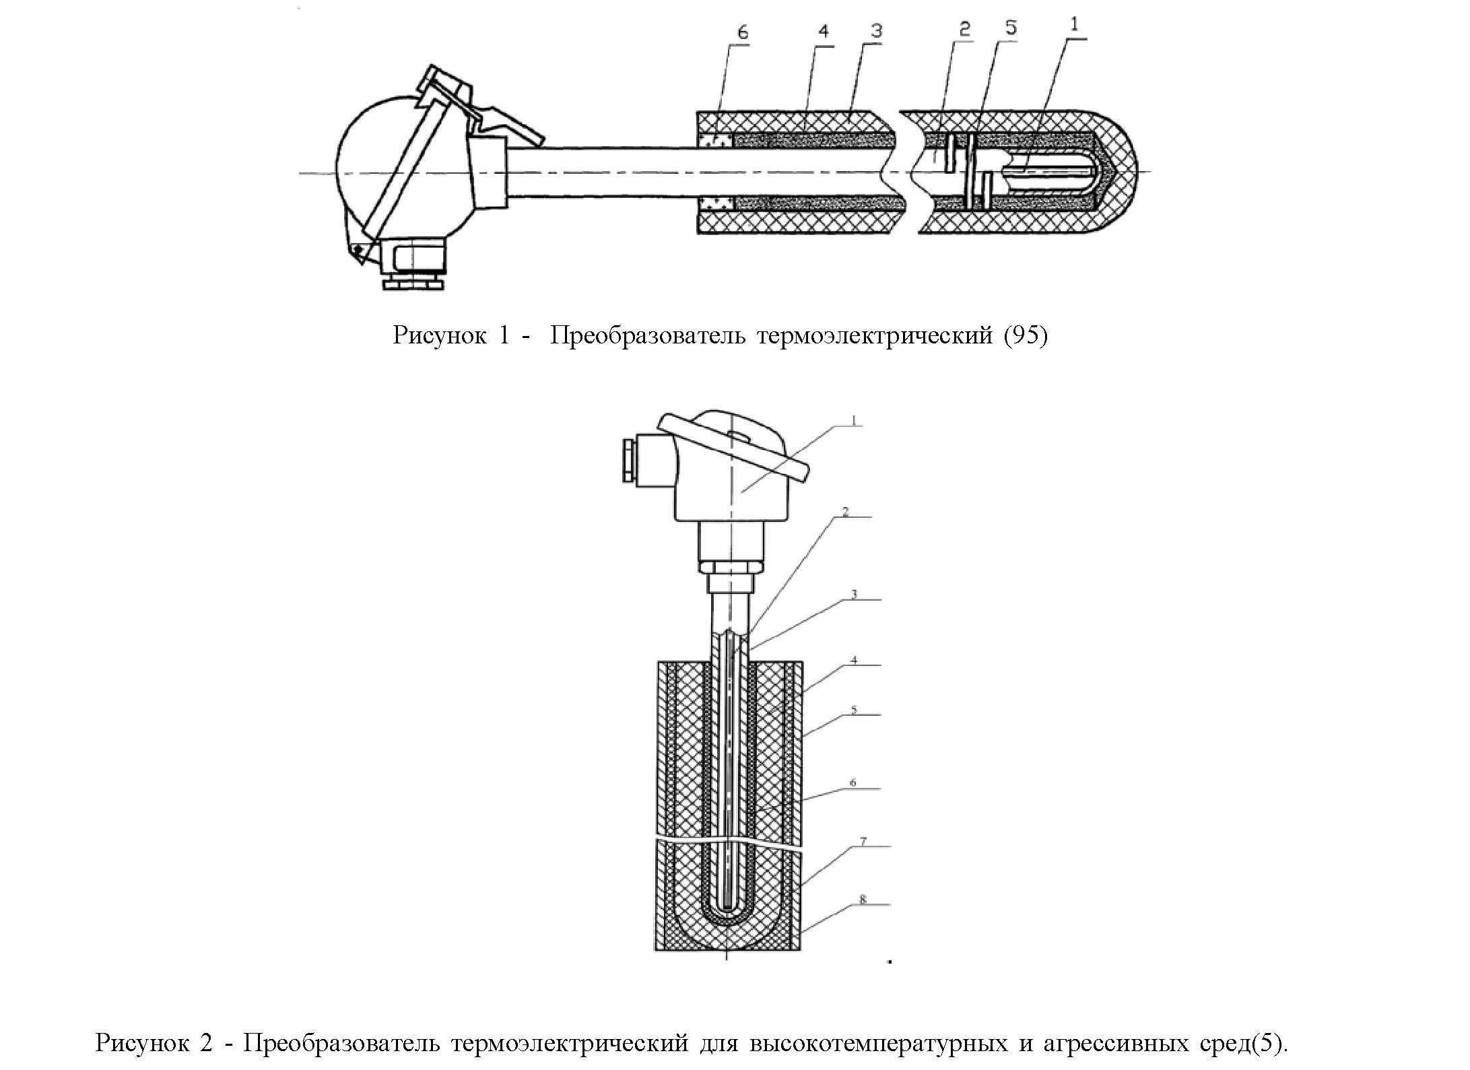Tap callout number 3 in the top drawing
pos(876,30)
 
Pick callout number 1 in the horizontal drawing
pos(1074,24)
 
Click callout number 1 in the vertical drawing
pos(853,420)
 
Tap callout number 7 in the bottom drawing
pos(863,841)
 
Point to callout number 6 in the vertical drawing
pos(853,782)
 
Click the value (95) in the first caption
pos(1026,335)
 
